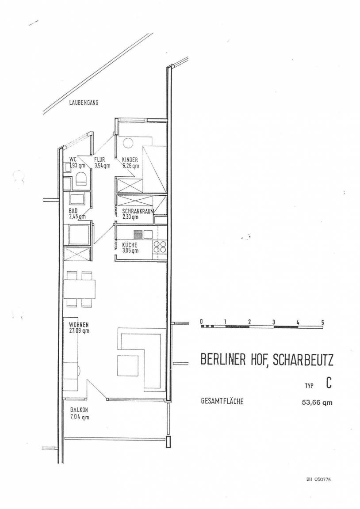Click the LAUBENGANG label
coord(84,103)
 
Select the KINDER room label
coord(130,160)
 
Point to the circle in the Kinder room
coord(127,143)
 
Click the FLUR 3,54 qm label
coord(102,163)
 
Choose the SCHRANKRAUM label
coord(138,211)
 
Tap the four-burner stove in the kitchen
coord(159,247)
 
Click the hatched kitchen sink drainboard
coord(138,234)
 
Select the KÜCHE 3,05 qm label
coord(130,248)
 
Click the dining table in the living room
coord(80,289)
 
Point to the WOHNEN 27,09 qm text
coord(79,328)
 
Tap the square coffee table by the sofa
coord(127,365)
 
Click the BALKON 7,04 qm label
coord(80,414)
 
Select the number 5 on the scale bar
coord(322,323)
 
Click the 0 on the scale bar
coord(201,322)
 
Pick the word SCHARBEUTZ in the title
coord(303,360)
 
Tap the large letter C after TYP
coord(329,383)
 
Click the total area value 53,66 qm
coord(317,403)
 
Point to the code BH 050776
coord(318,479)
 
